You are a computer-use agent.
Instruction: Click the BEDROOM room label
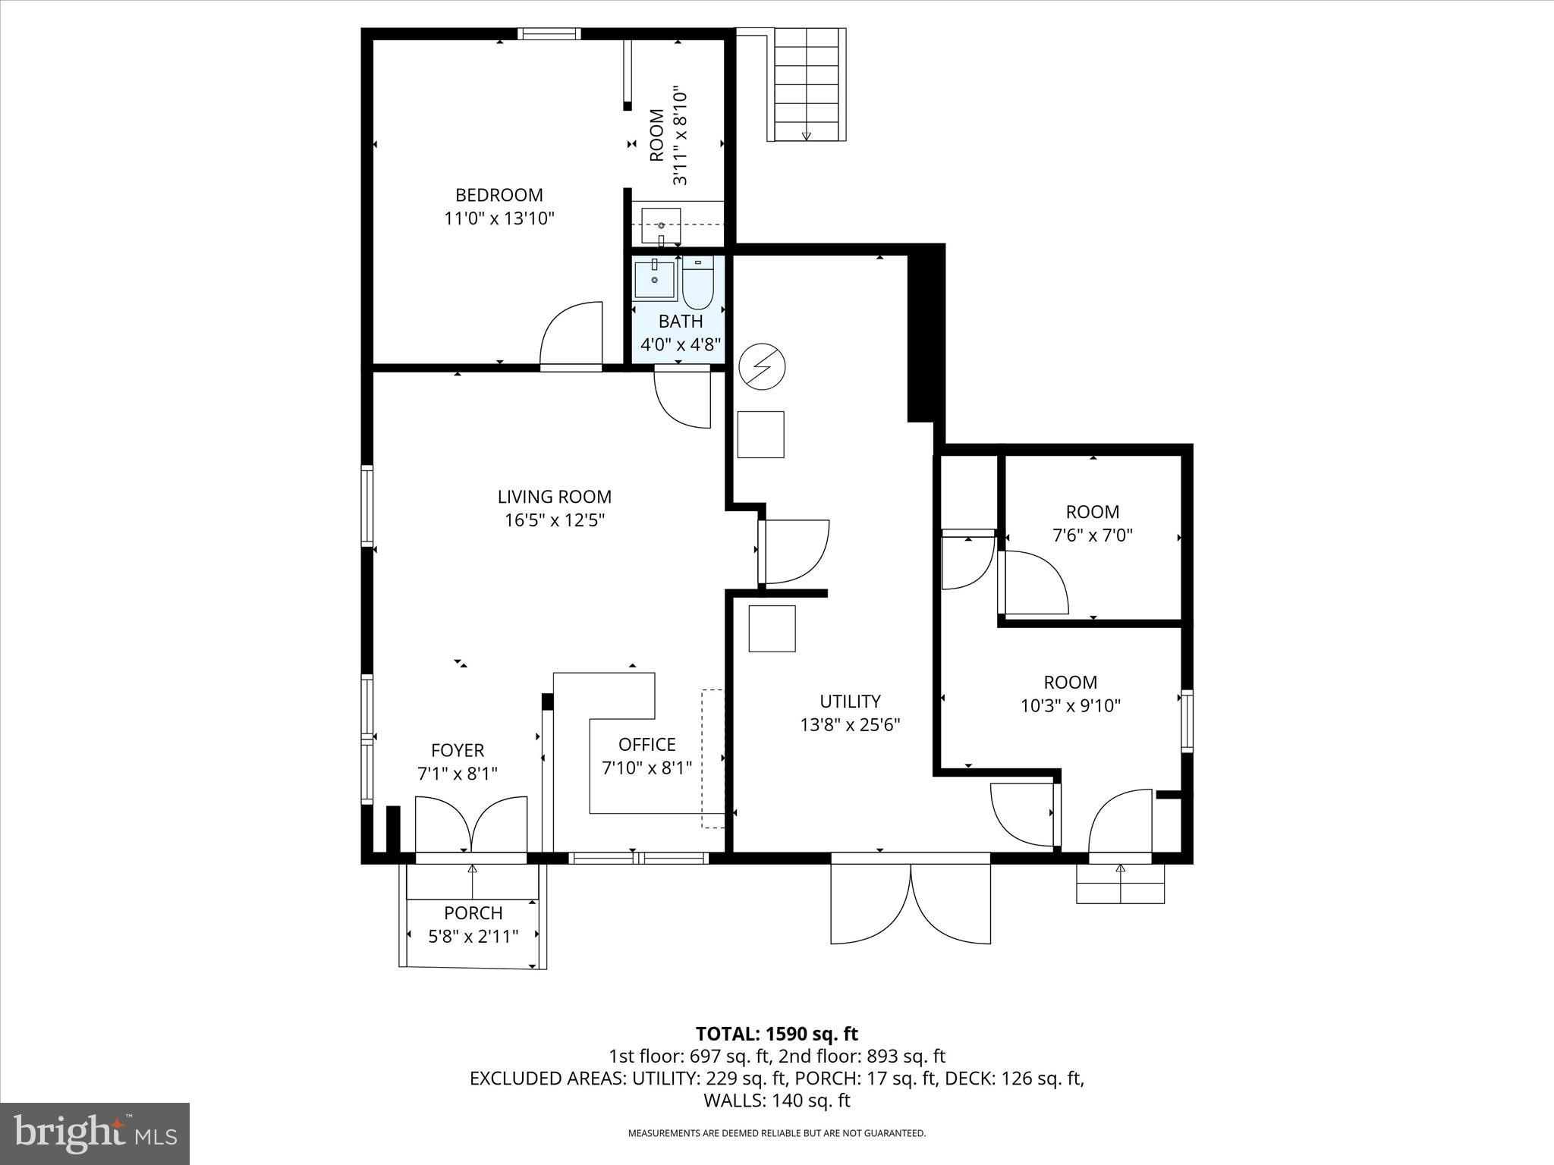[x=499, y=195]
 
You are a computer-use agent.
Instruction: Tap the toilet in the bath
[x=697, y=283]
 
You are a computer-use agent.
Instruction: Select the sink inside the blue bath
[x=654, y=279]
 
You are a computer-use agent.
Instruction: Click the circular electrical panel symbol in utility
[x=762, y=366]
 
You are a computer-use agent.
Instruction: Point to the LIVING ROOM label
[x=554, y=497]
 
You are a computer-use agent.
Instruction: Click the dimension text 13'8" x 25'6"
[x=850, y=724]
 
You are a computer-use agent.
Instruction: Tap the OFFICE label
[x=646, y=744]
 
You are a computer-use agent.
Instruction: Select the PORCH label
[x=473, y=913]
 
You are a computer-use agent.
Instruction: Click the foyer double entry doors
[x=471, y=825]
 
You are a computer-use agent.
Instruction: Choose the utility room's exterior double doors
[x=911, y=903]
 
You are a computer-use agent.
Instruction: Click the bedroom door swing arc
[x=571, y=334]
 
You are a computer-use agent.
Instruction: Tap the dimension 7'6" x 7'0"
[x=1092, y=535]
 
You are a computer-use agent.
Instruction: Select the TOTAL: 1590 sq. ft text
[x=776, y=1034]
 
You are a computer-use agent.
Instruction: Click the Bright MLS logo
[x=95, y=1134]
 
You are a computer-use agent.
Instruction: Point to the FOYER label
[x=457, y=750]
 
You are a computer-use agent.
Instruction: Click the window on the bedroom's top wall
[x=549, y=33]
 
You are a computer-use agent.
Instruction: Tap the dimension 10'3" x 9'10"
[x=1070, y=706]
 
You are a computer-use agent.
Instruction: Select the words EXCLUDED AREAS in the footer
[x=544, y=1079]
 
